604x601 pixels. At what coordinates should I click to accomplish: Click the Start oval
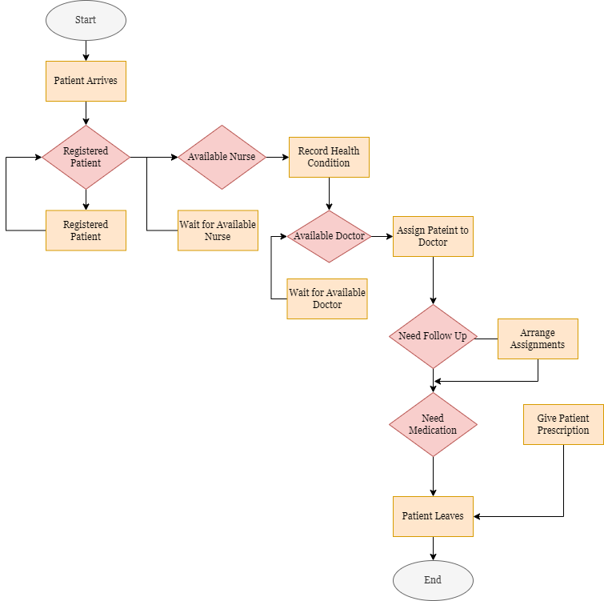click(86, 21)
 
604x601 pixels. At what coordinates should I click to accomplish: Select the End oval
click(433, 580)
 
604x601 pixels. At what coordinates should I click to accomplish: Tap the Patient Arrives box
click(86, 81)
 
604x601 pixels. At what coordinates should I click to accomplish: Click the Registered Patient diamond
click(86, 157)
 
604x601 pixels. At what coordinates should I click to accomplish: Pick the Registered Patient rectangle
click(86, 230)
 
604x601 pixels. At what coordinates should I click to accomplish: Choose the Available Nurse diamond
click(222, 157)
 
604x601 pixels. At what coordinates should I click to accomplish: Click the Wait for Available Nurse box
click(218, 230)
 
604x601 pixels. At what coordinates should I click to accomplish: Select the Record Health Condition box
click(329, 157)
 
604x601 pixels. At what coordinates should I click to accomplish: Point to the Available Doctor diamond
click(329, 236)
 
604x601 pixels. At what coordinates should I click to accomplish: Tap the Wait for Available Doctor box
click(327, 298)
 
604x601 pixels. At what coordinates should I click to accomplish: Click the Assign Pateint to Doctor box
click(433, 236)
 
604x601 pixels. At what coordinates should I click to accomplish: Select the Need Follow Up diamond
click(433, 336)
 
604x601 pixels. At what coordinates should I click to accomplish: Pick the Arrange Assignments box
click(538, 339)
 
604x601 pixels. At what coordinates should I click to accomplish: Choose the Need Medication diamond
click(433, 424)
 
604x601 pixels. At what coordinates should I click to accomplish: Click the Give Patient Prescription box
click(563, 424)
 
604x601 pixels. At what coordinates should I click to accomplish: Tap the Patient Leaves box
click(433, 516)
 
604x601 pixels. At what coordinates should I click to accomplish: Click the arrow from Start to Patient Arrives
click(86, 50)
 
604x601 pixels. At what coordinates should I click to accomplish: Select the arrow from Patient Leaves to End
click(433, 548)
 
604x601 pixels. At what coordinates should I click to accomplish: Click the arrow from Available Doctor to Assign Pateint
click(382, 236)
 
